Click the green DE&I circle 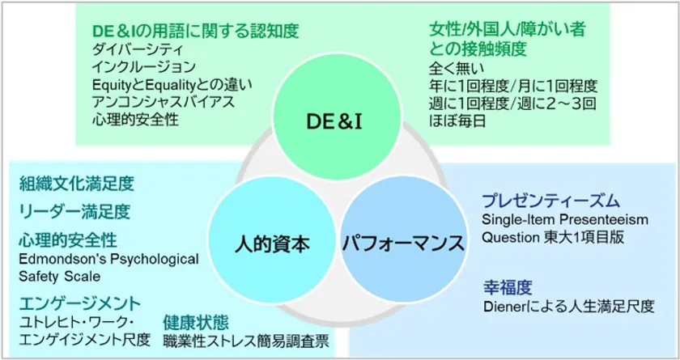tap(337, 116)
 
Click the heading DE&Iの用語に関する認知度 tap(196, 31)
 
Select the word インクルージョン tap(144, 67)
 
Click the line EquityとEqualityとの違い tap(172, 85)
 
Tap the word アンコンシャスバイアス tap(164, 102)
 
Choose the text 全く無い tap(457, 69)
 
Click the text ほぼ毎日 tap(457, 121)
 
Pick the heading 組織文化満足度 tap(77, 184)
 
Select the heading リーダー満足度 tap(74, 212)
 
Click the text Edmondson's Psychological tap(108, 259)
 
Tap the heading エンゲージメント tap(80, 303)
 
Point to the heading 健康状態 tap(196, 323)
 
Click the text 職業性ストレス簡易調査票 tap(246, 341)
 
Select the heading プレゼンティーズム tap(551, 201)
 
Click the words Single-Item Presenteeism tap(565, 219)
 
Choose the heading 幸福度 tap(508, 288)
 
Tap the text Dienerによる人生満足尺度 tap(568, 307)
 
